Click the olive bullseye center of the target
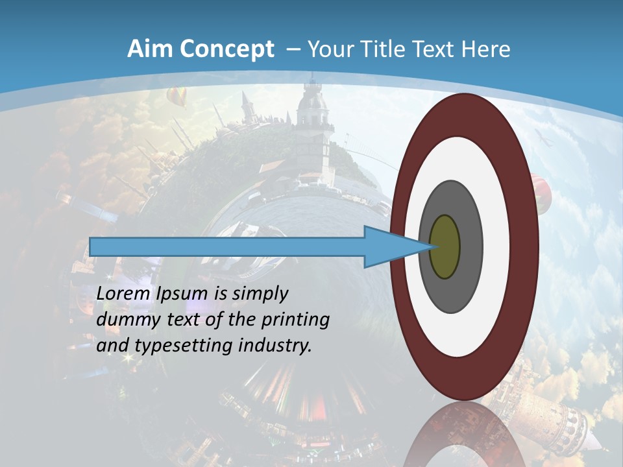[x=445, y=247]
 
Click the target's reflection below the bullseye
[x=463, y=435]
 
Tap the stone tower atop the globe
[x=312, y=130]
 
